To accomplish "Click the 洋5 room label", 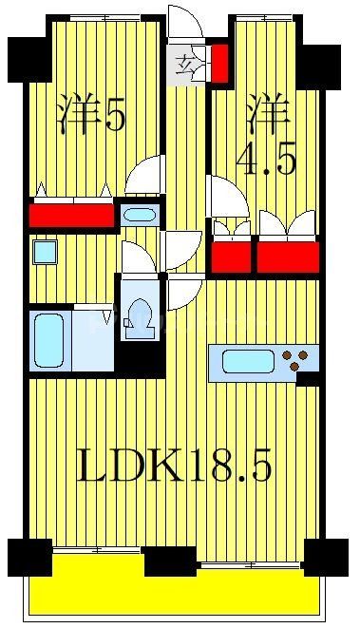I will (91, 116).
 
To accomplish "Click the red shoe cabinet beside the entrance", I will (218, 64).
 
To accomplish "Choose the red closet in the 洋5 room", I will (70, 216).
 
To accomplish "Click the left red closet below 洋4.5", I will (232, 257).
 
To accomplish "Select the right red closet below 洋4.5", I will (288, 257).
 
